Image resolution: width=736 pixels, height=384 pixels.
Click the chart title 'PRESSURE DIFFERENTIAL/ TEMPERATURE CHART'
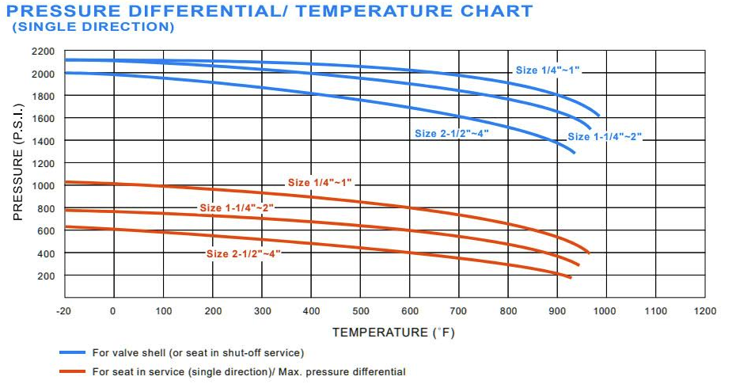273,10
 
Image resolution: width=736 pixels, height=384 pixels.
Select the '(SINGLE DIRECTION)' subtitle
93,27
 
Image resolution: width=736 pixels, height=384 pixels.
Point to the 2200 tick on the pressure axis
44,51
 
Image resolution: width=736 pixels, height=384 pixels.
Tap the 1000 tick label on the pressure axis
44,186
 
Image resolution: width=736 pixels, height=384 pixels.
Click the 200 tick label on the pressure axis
46,276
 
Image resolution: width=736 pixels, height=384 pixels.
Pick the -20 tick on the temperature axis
63,311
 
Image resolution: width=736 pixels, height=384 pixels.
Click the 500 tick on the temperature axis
360,311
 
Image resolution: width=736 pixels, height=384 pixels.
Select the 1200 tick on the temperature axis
705,311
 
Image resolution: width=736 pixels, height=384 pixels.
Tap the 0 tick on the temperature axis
112,311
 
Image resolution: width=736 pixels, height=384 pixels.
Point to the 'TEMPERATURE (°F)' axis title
393,332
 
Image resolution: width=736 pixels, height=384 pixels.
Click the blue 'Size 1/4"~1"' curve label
548,70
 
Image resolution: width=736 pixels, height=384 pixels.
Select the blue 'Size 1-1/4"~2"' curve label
604,137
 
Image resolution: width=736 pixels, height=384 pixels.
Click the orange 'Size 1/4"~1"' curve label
319,183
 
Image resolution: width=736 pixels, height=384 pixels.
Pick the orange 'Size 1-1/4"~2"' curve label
237,207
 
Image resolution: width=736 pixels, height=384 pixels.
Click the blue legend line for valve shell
73,352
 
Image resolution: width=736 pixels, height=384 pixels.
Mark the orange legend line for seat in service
73,371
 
